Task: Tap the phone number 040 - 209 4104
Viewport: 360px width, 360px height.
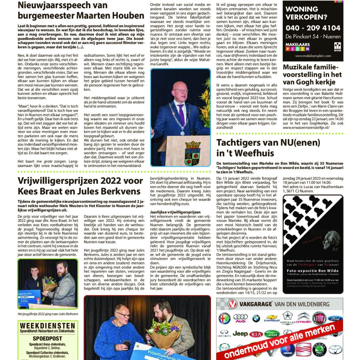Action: point(313,28)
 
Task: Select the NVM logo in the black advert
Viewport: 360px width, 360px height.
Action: point(337,45)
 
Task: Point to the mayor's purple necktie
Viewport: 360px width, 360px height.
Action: point(181,114)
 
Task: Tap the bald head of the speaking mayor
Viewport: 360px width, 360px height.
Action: point(180,84)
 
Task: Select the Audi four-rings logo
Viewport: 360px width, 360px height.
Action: point(240,317)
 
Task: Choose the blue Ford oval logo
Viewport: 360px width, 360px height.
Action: point(335,318)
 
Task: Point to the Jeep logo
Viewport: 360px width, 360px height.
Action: point(240,333)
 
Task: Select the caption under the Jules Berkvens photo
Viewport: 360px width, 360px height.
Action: point(47,314)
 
